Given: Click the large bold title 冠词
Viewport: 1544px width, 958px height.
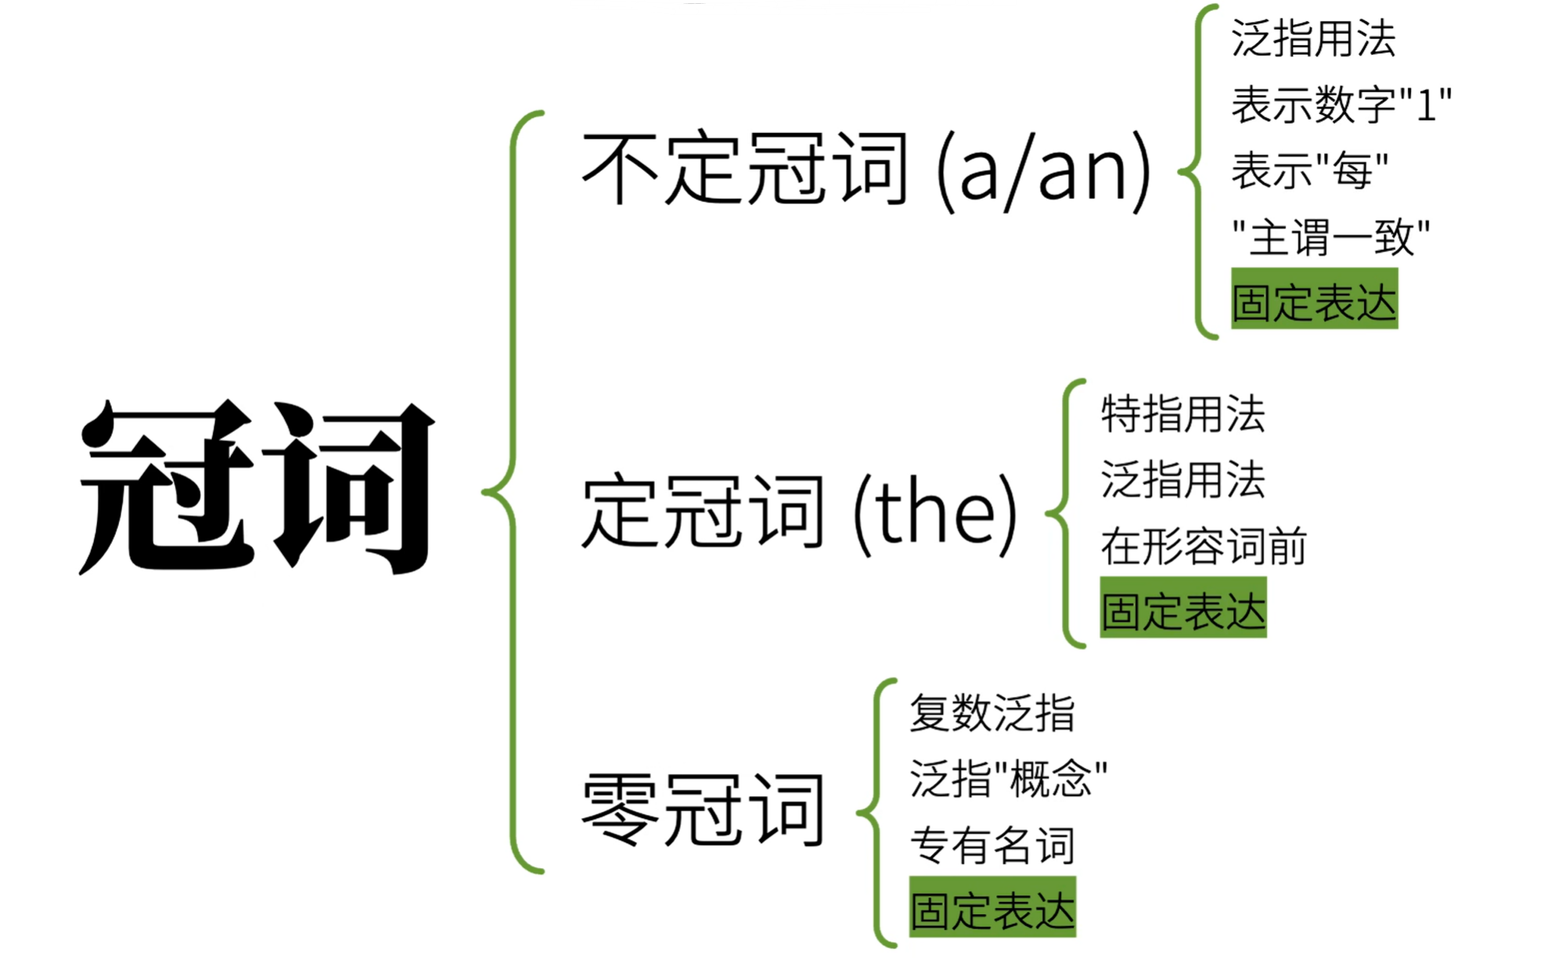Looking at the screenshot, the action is coord(257,486).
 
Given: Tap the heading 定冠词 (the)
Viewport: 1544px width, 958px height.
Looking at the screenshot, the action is coord(798,512).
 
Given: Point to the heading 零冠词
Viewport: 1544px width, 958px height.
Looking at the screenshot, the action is coord(702,809).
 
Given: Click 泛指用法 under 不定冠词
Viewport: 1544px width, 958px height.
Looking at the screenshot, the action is coord(1313,38).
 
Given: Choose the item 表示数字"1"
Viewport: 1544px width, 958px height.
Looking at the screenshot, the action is coord(1341,105).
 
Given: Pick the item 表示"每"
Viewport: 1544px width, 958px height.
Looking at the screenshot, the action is coord(1309,170).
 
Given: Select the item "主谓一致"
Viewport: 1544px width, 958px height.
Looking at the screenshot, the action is coord(1330,237).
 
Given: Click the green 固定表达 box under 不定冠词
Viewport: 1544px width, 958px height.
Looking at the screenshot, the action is coord(1314,300).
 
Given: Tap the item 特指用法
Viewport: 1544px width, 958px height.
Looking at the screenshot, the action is coord(1182,414).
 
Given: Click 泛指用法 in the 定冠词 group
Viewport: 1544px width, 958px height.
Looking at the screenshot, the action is coord(1182,479).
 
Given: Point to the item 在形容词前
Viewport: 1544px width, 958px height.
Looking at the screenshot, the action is coord(1203,546).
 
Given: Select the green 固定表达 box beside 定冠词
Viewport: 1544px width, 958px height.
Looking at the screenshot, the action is coord(1182,608).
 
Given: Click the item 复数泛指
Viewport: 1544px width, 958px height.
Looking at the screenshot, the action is coord(992,713).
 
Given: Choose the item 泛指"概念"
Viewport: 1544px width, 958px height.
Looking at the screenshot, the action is coord(1008,779).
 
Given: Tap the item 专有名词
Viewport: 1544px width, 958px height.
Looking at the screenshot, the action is coord(992,845).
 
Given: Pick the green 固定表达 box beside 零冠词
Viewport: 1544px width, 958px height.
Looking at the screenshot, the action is coord(992,908).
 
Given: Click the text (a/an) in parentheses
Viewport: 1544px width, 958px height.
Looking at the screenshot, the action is coord(1043,170).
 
